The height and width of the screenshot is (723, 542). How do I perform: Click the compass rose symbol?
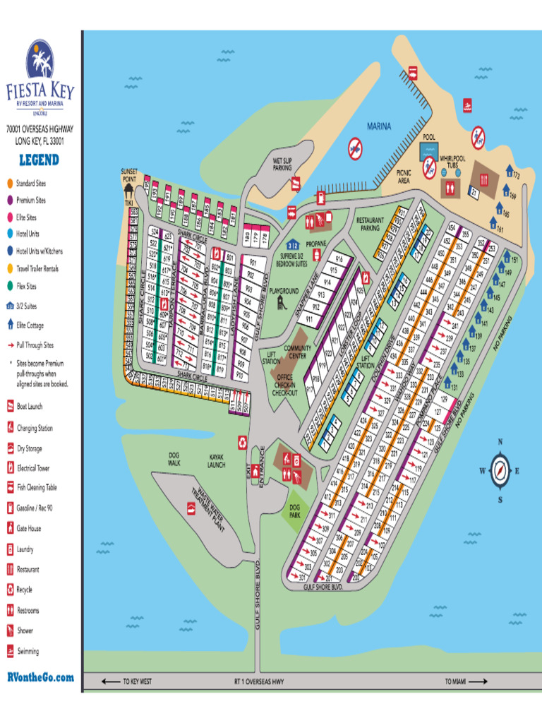pos(500,471)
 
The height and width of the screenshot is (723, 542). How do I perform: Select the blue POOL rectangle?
pos(429,150)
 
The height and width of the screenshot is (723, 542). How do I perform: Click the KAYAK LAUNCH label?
pos(216,460)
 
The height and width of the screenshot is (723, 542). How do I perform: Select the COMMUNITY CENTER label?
pos(298,351)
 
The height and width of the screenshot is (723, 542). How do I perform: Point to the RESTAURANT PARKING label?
pos(370,224)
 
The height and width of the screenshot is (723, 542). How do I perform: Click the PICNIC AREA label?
pos(404,176)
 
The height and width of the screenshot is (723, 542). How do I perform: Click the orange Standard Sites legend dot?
pos(10,183)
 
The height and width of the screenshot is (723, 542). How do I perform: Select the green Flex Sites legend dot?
pos(10,286)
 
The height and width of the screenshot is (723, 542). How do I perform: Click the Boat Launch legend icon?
pos(10,407)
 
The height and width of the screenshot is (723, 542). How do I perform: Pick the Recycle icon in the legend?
pos(10,590)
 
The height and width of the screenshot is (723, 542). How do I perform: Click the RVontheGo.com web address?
pos(40,677)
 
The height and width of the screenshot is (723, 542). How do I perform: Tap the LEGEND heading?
pos(39,160)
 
